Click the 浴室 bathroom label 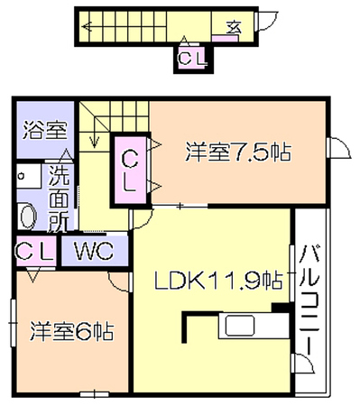tap(45, 130)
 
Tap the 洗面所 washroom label tap(59, 198)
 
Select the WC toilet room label tap(95, 251)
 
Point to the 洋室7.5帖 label tap(238, 152)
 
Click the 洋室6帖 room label tap(71, 331)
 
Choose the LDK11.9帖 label tap(219, 281)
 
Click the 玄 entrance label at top tap(235, 28)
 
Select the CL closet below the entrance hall tap(192, 58)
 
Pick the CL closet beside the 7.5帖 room tap(130, 171)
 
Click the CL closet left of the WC tap(35, 251)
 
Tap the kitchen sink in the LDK tap(240, 326)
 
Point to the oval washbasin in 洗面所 tap(27, 216)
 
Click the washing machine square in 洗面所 tap(29, 176)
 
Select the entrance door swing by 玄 tap(266, 21)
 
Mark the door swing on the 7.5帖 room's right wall tap(339, 147)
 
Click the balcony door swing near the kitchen tap(303, 364)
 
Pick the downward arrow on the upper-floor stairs tap(95, 125)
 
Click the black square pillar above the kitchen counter tap(282, 308)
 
